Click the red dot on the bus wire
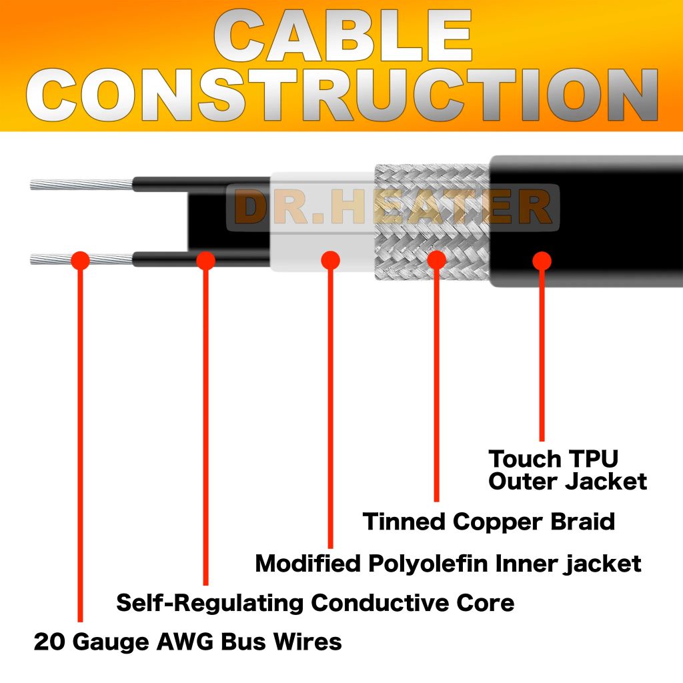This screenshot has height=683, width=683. (x=80, y=260)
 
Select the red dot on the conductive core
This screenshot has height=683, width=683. (x=205, y=260)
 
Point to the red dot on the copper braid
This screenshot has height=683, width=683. (x=436, y=260)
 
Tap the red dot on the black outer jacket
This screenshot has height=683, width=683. (x=542, y=260)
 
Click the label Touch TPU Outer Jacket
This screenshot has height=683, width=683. (x=567, y=470)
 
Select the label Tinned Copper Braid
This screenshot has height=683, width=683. (x=488, y=521)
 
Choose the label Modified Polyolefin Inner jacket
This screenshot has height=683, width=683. (x=448, y=563)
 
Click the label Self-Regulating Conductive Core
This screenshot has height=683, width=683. (x=315, y=603)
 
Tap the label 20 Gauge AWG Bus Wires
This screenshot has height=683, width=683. (x=187, y=642)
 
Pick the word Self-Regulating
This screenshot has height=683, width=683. (x=210, y=603)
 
